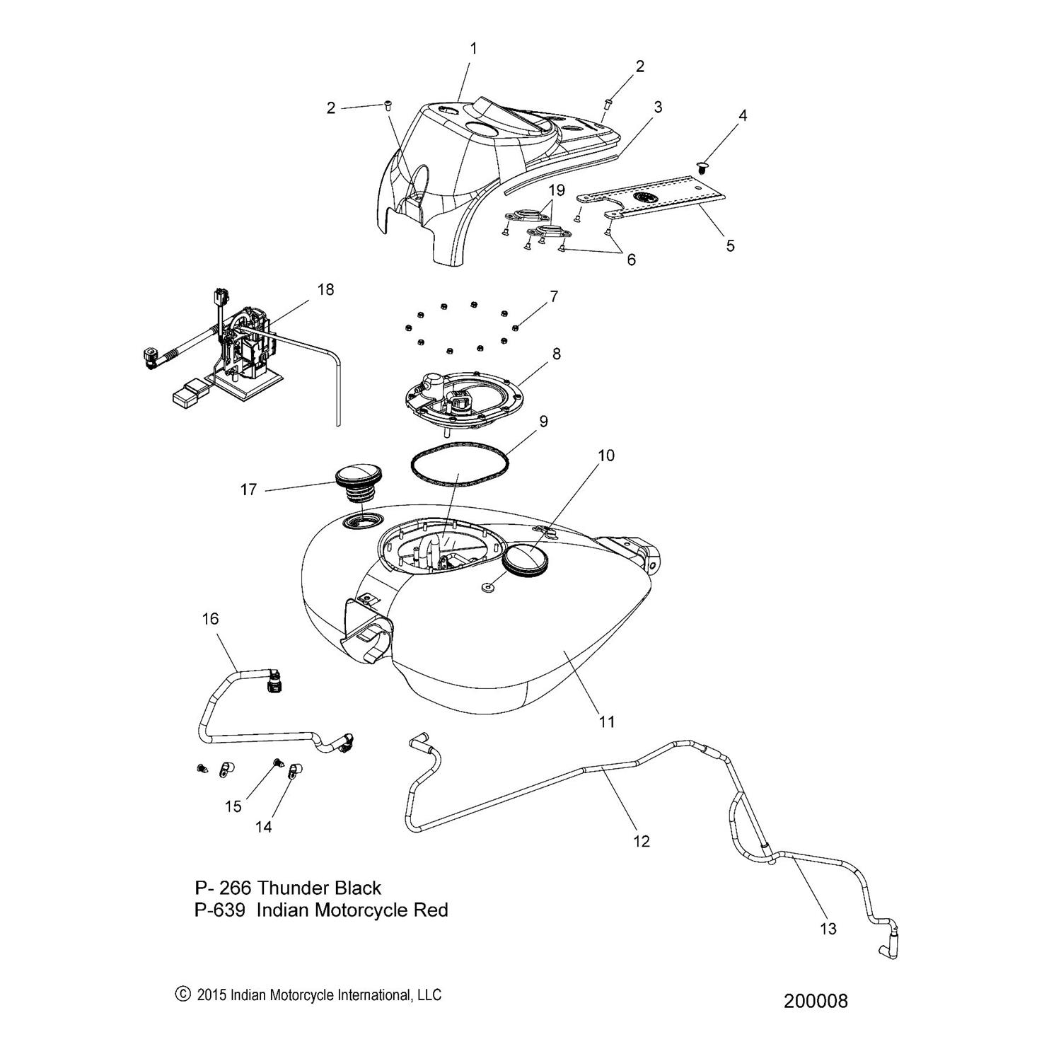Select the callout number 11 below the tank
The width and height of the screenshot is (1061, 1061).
tap(607, 721)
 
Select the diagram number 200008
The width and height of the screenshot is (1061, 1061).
tap(815, 1001)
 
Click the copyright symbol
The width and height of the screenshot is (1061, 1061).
tap(182, 995)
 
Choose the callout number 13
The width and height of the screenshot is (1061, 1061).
tap(828, 929)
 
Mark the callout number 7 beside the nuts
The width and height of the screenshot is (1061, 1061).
tap(553, 294)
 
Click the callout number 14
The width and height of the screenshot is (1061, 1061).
tap(263, 825)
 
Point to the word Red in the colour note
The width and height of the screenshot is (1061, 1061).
tap(431, 910)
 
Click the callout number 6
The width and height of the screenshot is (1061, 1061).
tap(630, 260)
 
